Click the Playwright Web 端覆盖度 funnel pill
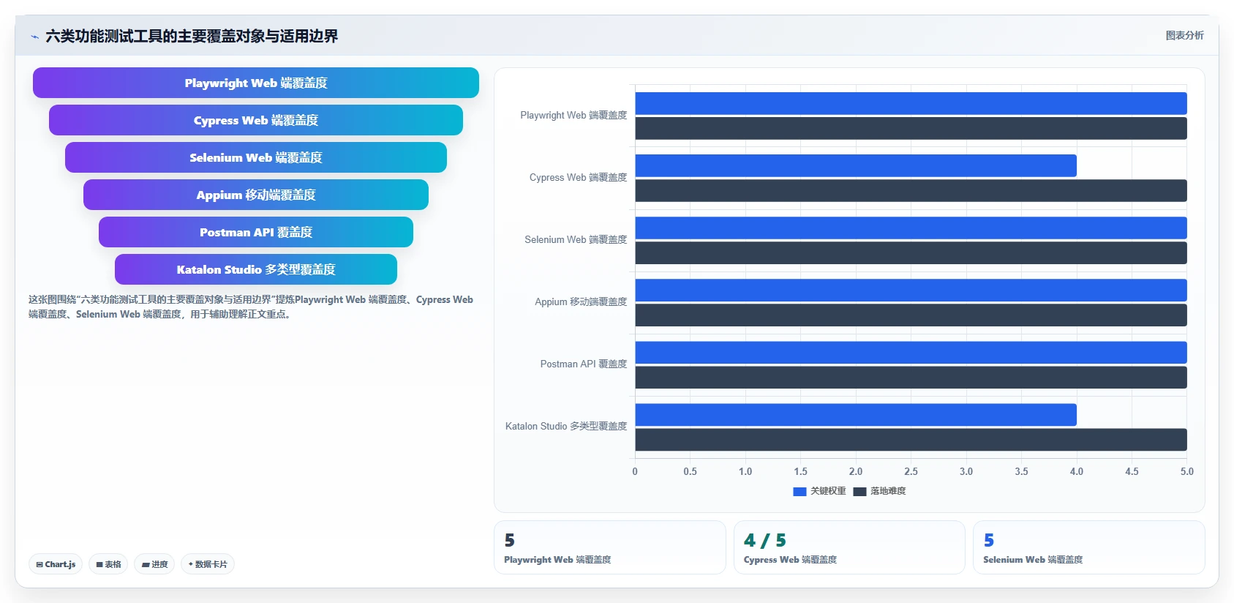(255, 83)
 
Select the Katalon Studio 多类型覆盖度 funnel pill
(255, 269)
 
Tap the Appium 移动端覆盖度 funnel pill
(255, 195)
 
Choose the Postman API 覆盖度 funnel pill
(255, 232)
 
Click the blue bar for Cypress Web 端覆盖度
(856, 165)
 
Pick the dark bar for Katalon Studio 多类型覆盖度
(911, 439)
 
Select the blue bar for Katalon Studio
(856, 414)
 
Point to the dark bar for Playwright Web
(911, 128)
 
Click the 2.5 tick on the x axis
(911, 471)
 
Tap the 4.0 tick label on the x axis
(1077, 471)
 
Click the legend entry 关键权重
(819, 491)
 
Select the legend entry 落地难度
(879, 491)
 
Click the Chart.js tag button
(56, 564)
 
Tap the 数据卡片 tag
(208, 564)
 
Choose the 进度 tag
(154, 564)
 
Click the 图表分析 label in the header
(1184, 35)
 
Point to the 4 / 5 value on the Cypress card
(764, 540)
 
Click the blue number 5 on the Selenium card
(989, 540)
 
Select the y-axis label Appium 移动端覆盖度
(581, 301)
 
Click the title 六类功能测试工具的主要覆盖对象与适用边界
(192, 37)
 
